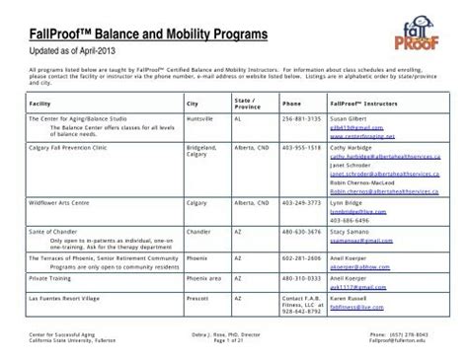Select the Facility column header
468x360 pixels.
coord(41,103)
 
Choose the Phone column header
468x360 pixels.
coord(291,103)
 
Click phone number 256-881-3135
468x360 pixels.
coord(300,117)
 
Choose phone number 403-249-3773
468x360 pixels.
coord(300,201)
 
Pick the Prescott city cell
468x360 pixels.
coord(197,297)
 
